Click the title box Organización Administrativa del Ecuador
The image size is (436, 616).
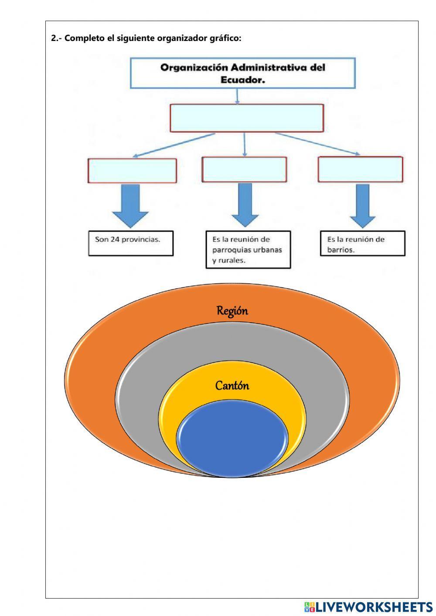(x=243, y=74)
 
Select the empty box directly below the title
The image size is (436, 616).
(x=247, y=118)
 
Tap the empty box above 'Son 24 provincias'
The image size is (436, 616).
(x=132, y=170)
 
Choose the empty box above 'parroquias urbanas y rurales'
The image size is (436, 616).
(x=244, y=170)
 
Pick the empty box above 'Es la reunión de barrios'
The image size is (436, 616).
(x=360, y=170)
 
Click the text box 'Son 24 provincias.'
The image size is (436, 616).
(x=131, y=243)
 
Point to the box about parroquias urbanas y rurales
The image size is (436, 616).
(x=248, y=250)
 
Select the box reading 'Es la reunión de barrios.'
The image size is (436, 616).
(x=362, y=244)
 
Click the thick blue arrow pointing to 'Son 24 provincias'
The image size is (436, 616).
(x=130, y=205)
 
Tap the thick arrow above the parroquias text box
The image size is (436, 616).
(x=245, y=204)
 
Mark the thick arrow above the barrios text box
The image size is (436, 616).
(x=362, y=205)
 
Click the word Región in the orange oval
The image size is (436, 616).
(x=232, y=311)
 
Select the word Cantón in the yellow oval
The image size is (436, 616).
(x=232, y=386)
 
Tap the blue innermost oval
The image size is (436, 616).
(x=232, y=438)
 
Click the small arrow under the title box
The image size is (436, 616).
(x=237, y=96)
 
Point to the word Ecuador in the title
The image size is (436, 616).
(x=243, y=80)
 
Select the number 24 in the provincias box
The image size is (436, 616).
(x=116, y=239)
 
